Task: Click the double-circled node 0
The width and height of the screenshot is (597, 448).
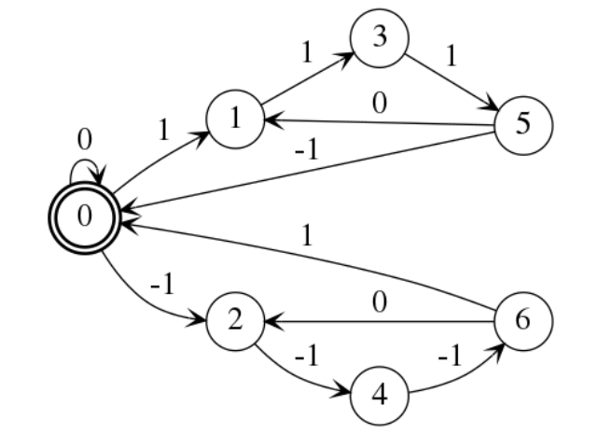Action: (85, 217)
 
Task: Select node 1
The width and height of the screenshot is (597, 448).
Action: (235, 119)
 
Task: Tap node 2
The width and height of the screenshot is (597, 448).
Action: (235, 321)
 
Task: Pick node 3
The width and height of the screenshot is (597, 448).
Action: (380, 38)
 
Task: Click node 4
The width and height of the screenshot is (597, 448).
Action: (380, 396)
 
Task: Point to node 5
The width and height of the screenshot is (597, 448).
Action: (523, 125)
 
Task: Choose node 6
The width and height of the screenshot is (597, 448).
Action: (523, 321)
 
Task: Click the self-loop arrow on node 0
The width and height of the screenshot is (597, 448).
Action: (85, 160)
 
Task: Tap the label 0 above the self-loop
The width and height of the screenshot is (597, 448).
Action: (85, 139)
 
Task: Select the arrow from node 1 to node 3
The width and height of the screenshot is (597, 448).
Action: (308, 78)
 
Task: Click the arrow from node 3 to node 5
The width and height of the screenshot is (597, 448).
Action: (451, 83)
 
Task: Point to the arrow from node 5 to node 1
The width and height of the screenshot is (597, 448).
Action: (380, 122)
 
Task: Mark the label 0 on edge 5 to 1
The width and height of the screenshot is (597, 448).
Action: (380, 104)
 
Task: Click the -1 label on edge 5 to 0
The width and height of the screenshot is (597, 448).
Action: (307, 148)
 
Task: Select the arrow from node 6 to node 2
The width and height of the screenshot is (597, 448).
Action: (380, 321)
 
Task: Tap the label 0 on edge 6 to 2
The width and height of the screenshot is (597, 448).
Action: (380, 302)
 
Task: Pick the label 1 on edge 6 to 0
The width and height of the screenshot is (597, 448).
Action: (307, 236)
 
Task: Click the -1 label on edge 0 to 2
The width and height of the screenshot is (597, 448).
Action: (163, 284)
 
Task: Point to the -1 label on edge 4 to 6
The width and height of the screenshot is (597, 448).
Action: (451, 357)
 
